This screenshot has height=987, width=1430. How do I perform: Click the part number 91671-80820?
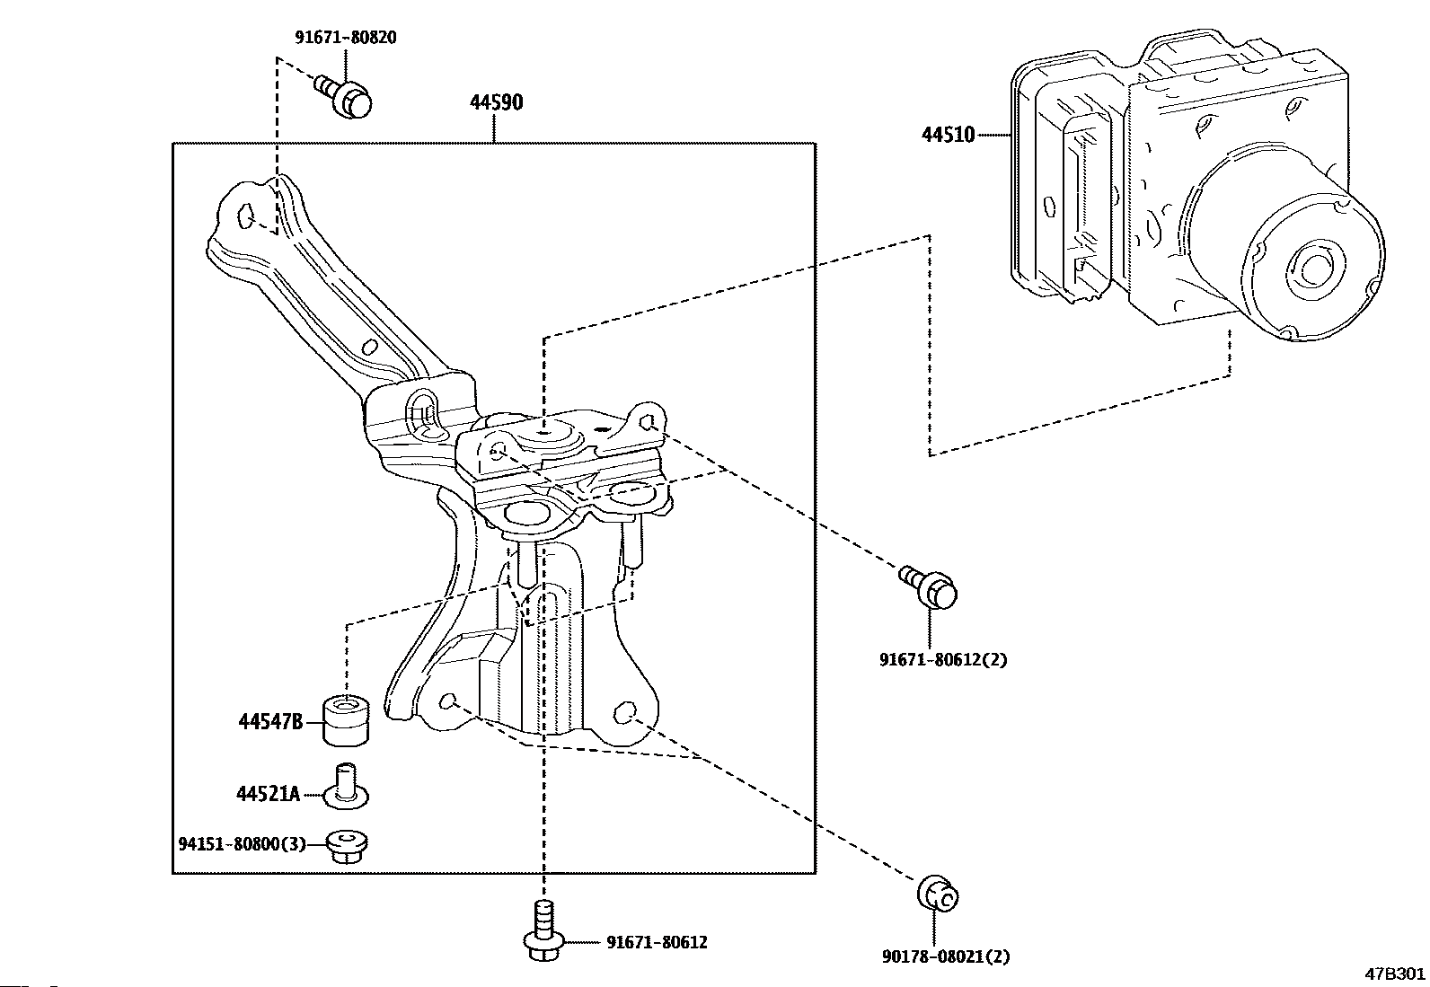coord(345,38)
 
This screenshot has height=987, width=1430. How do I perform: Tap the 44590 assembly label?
coord(496,102)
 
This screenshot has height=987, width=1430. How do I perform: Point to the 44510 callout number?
coord(948,135)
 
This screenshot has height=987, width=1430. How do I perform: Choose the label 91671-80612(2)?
coord(943,659)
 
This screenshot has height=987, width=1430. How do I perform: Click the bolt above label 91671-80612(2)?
coord(929,588)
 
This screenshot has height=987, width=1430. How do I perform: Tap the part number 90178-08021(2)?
coord(946,956)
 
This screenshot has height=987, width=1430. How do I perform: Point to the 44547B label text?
coord(270,722)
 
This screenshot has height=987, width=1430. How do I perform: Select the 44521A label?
coord(268,794)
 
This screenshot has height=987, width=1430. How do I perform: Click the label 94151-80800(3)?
coord(242,844)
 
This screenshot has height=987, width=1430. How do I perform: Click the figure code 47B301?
coord(1395,974)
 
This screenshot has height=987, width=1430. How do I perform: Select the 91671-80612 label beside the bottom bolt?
coord(657,942)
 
